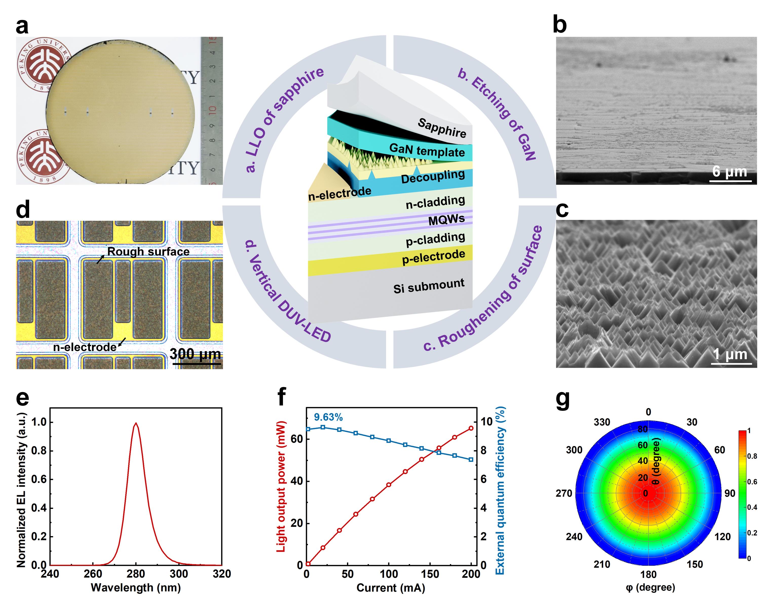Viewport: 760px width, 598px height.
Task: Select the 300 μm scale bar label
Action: [x=196, y=354]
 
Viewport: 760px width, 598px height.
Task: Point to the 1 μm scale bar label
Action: [x=731, y=354]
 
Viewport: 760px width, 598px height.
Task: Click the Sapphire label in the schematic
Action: [x=442, y=128]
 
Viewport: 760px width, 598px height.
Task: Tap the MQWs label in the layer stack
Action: [x=446, y=220]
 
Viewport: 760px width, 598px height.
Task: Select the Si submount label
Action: [x=429, y=286]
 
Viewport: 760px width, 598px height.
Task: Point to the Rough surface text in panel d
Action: [x=148, y=251]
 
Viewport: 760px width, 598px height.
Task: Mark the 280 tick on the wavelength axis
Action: [x=136, y=574]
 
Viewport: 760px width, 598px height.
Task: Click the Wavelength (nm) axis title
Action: [x=136, y=588]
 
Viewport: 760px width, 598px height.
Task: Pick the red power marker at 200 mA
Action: [x=471, y=428]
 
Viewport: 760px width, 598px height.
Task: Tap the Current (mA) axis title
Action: [x=391, y=588]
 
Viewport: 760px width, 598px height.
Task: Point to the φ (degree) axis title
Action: [x=650, y=587]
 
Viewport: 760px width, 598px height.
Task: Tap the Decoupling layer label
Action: [x=433, y=177]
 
